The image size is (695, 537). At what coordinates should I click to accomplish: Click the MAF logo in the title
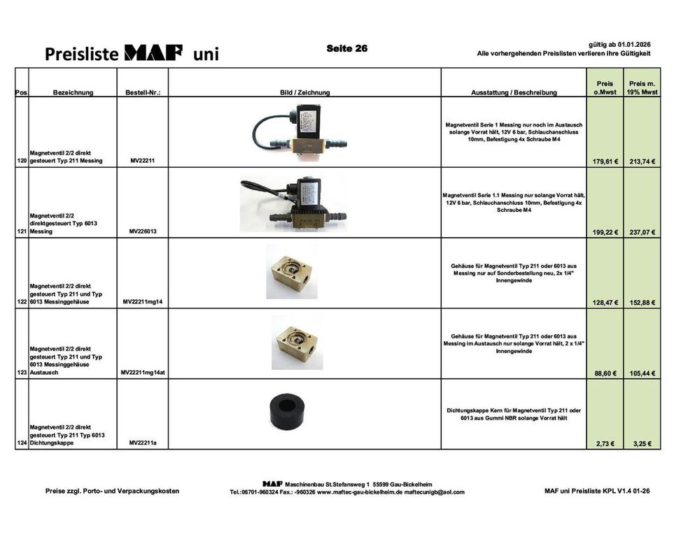click(x=153, y=52)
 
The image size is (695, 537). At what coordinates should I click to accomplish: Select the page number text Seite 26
click(x=346, y=48)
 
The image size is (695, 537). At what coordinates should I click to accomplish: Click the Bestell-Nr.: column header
click(x=143, y=92)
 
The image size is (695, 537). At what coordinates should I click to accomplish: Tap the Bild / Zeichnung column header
click(x=304, y=92)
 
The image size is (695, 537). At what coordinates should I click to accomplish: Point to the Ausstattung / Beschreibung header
click(x=514, y=92)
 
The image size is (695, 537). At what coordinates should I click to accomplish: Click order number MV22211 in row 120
click(x=143, y=161)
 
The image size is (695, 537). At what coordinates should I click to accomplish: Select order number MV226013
click(x=143, y=231)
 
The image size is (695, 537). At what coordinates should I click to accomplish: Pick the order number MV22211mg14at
click(x=143, y=373)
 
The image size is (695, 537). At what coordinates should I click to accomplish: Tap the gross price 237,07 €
click(x=643, y=232)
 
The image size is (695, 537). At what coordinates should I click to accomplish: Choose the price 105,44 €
click(x=643, y=373)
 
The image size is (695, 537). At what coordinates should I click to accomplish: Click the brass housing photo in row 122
click(x=290, y=271)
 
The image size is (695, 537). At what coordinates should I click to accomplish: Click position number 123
click(x=22, y=373)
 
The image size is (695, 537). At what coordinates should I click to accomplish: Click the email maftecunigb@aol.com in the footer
click(x=435, y=492)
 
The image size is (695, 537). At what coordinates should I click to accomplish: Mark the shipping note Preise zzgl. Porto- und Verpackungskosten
click(x=112, y=491)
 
